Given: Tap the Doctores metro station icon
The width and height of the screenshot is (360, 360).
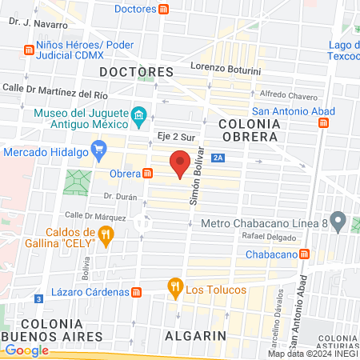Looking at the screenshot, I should [x=164, y=9].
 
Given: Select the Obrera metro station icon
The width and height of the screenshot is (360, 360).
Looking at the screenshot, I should [x=149, y=173].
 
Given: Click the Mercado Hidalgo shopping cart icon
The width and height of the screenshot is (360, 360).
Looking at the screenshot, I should [x=99, y=150].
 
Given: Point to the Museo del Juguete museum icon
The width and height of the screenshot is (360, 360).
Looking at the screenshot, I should [x=138, y=117].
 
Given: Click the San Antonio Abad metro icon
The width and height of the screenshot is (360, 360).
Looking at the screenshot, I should [x=324, y=123].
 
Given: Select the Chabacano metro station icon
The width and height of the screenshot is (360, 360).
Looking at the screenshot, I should [x=306, y=254].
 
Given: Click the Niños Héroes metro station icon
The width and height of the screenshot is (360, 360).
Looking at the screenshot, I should [x=29, y=50].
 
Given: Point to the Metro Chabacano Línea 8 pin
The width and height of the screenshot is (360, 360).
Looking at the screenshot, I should [x=338, y=220].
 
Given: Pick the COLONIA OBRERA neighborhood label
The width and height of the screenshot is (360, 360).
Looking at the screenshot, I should [x=250, y=130].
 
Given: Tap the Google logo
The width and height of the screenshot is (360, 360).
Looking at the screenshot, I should [x=26, y=350].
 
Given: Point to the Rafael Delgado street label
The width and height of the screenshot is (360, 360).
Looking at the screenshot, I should [x=262, y=236].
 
